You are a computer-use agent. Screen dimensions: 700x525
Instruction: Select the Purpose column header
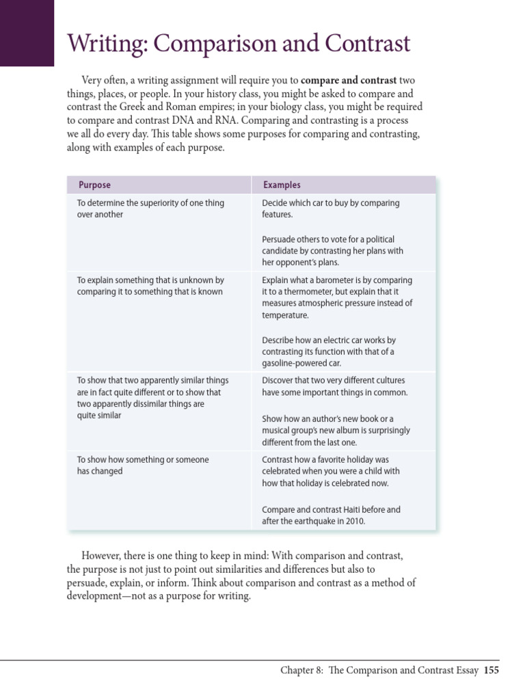94,185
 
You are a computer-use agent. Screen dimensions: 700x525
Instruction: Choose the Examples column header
282,185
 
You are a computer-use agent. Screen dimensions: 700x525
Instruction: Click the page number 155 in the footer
491,671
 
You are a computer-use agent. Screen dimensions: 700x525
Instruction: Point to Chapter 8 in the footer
302,671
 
